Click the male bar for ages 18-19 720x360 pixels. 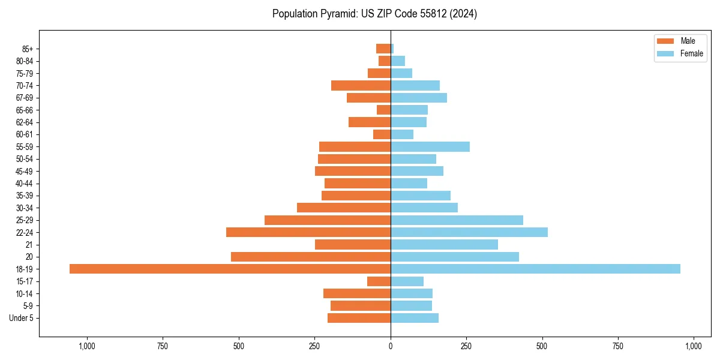pos(230,269)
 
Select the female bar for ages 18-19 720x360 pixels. pos(535,269)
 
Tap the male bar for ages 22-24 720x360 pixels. pos(308,232)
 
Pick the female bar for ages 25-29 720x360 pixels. pos(457,220)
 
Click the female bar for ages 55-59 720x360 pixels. pos(430,146)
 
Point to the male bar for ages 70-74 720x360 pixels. pos(361,85)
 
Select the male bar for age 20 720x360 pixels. pos(311,257)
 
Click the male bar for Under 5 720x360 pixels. pos(359,318)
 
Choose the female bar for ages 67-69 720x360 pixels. pos(419,98)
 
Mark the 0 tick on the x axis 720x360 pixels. pos(391,346)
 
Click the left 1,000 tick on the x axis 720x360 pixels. pos(87,346)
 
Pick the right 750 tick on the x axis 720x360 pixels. pos(617,346)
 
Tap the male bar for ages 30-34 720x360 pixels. pos(344,208)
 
